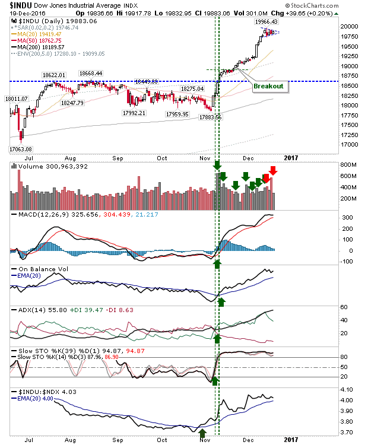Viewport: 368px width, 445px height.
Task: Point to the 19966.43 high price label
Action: pos(266,21)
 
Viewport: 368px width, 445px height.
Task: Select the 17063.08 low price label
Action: pos(21,149)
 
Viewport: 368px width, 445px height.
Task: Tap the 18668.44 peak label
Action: pos(91,73)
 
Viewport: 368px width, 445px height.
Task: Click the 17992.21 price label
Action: pos(134,113)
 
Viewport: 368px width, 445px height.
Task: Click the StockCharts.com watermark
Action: pos(312,5)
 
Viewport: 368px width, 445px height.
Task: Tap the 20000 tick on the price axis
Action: pos(349,26)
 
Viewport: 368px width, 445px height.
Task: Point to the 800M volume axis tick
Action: pos(348,164)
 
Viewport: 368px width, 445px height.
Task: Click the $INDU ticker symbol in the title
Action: pos(20,5)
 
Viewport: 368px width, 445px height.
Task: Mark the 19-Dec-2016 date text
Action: pos(27,13)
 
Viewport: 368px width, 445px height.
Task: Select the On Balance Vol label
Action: pos(43,269)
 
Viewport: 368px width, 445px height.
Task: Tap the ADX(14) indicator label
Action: pos(32,310)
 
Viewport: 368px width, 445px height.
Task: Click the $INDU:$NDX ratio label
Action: pos(39,392)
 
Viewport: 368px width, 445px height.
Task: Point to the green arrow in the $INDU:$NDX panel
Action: pos(202,433)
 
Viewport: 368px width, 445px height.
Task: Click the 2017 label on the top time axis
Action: pos(291,158)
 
